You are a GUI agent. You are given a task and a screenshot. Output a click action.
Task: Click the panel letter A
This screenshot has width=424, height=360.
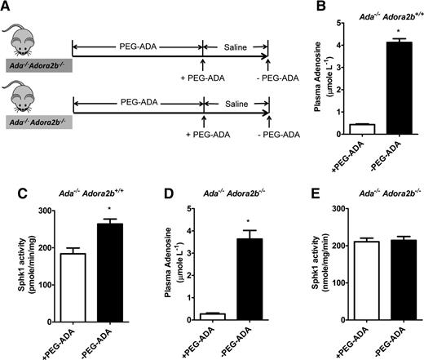pos(7,8)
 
